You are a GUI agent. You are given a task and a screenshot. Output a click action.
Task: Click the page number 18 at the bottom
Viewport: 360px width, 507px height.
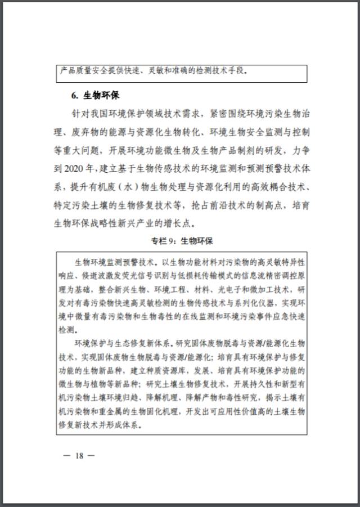click(x=79, y=455)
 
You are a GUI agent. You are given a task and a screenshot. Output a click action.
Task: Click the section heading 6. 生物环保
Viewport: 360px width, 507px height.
click(x=95, y=95)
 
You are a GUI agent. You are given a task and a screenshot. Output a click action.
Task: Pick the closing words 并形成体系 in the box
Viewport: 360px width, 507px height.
click(x=121, y=424)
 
